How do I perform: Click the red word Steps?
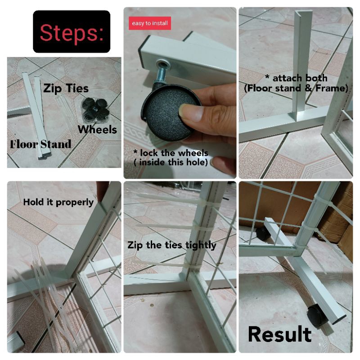tap(72, 32)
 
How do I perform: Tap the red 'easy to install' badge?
tap(150, 23)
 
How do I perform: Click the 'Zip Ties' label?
tap(66, 88)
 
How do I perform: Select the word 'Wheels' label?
tap(97, 130)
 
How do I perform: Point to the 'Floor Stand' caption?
tap(40, 144)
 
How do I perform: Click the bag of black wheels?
tap(95, 110)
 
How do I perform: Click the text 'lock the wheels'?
tap(171, 153)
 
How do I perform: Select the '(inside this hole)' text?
tap(171, 162)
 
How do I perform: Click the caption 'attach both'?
tap(296, 78)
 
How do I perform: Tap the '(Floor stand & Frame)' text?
tap(296, 88)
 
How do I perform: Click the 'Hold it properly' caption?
tap(58, 202)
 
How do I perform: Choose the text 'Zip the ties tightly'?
tap(172, 245)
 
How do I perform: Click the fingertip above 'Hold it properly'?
tap(103, 190)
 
